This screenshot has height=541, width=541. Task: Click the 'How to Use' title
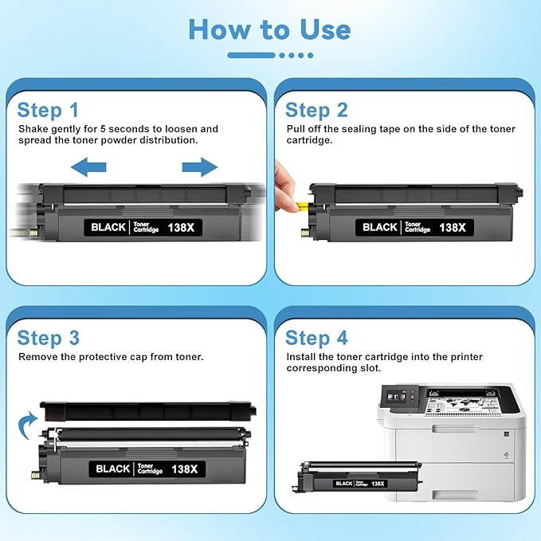coord(269,29)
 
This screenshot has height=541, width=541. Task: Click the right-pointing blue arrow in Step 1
coord(199,167)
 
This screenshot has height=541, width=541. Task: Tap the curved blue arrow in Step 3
coord(28,420)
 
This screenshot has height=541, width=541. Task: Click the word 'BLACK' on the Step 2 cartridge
coord(380,227)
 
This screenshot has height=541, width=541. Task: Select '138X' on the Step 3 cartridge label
coord(188,468)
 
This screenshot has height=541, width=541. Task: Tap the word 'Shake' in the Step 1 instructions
coord(33,129)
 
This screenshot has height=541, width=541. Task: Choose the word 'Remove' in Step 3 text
coord(37,357)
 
